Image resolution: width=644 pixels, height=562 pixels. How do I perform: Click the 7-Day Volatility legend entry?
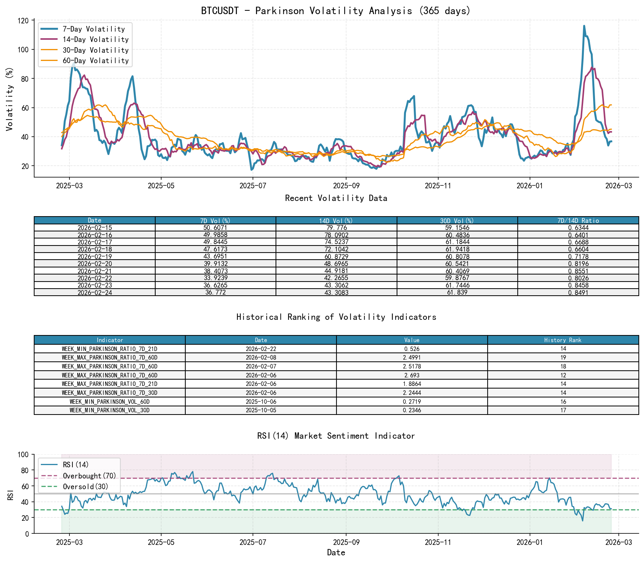coord(93,29)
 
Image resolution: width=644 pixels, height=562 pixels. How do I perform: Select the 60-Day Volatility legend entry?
coord(95,61)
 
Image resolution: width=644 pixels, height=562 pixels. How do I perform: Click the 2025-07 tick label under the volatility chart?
coord(253,186)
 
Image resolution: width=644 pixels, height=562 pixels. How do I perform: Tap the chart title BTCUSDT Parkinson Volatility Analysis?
coord(336,11)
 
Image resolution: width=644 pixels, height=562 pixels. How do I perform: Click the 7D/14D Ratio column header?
coord(578,221)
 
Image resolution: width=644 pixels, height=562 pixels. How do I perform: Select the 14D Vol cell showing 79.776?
coord(336,228)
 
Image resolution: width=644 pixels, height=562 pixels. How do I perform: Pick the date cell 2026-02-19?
coord(95,257)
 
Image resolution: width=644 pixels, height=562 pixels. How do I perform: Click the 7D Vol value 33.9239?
coord(215,278)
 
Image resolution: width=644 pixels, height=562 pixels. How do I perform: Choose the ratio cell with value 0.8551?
coord(578,271)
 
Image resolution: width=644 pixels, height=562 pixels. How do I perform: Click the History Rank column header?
coord(563,340)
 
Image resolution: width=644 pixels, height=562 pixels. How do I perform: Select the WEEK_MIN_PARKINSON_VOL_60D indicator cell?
coord(110,402)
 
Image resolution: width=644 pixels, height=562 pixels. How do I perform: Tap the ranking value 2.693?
coord(412,376)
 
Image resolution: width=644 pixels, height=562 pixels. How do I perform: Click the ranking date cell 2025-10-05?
coord(261,410)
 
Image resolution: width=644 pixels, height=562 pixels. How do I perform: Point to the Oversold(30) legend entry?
coord(85,487)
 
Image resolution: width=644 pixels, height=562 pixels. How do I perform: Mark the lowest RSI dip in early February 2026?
coord(582,521)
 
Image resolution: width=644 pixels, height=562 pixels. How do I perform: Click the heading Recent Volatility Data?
coord(336,198)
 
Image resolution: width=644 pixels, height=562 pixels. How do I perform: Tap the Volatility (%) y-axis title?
coord(9,99)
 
